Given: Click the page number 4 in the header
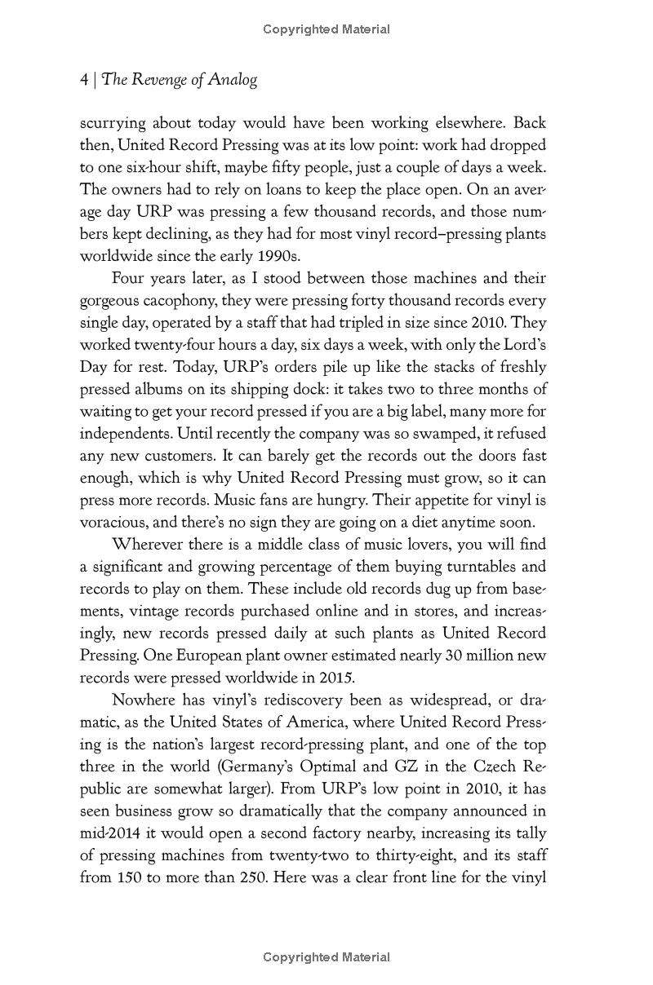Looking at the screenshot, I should [83, 79].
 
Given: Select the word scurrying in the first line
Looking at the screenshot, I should [113, 124].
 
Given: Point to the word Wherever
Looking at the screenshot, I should [145, 544].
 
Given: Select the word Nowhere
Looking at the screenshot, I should [144, 700].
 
